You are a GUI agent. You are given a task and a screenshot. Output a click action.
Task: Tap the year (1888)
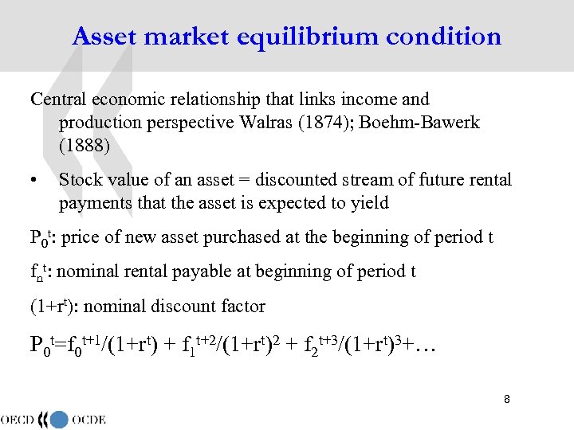(x=84, y=146)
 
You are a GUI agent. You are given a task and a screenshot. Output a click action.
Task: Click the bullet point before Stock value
(x=34, y=181)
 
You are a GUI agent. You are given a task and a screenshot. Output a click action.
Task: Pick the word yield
(x=369, y=203)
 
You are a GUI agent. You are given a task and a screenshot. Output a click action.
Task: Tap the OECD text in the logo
(x=22, y=419)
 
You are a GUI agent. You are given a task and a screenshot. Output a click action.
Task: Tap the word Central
(x=59, y=100)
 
